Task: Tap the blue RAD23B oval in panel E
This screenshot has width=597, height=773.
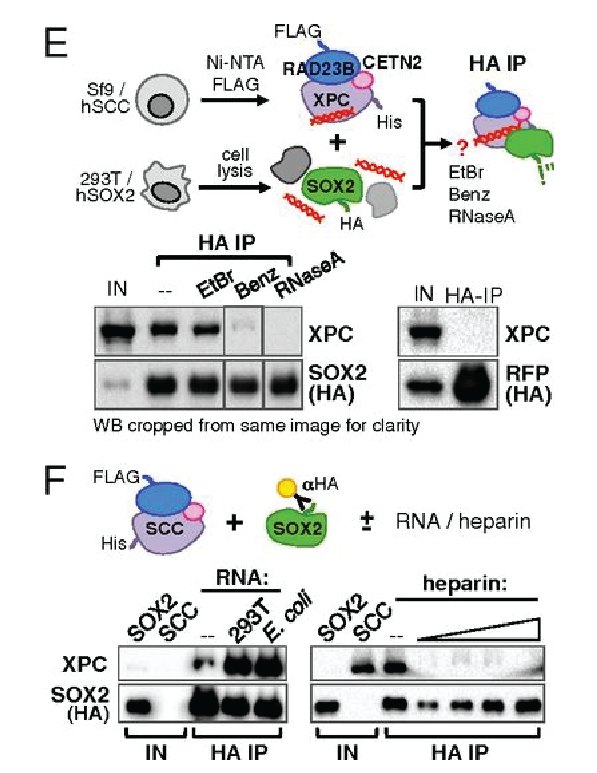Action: click(x=319, y=67)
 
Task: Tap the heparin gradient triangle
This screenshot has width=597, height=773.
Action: click(x=495, y=632)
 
